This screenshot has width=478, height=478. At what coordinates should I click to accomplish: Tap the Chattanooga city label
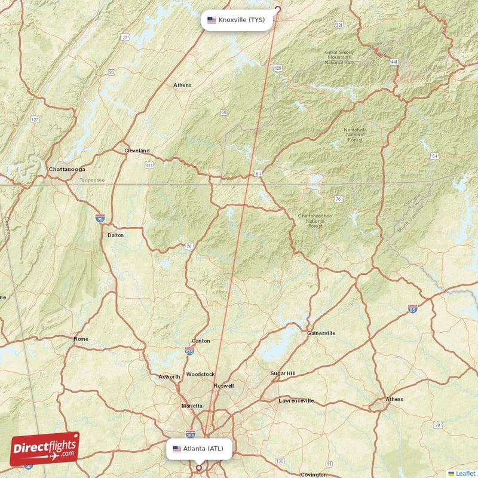pyautogui.click(x=66, y=169)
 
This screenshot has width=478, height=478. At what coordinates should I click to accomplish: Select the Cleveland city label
pyautogui.click(x=137, y=151)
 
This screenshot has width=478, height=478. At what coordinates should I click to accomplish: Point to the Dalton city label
pyautogui.click(x=115, y=235)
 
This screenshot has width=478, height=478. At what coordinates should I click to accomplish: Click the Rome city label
pyautogui.click(x=81, y=339)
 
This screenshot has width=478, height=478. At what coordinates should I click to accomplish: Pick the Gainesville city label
pyautogui.click(x=321, y=333)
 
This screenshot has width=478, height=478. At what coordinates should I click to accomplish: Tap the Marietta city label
pyautogui.click(x=192, y=406)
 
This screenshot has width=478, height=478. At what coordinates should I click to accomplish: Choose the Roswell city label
pyautogui.click(x=223, y=386)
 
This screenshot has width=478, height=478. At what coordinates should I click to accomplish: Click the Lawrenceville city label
pyautogui.click(x=296, y=400)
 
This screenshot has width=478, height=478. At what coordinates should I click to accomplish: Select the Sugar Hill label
pyautogui.click(x=283, y=373)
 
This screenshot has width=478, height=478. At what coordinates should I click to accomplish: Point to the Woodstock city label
pyautogui.click(x=200, y=374)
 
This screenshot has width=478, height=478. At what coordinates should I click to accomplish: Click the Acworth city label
pyautogui.click(x=169, y=376)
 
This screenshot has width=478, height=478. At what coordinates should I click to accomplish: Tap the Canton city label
pyautogui.click(x=201, y=341)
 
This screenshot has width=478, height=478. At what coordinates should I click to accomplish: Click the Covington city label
pyautogui.click(x=314, y=474)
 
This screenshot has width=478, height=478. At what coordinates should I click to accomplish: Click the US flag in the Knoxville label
pyautogui.click(x=212, y=20)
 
